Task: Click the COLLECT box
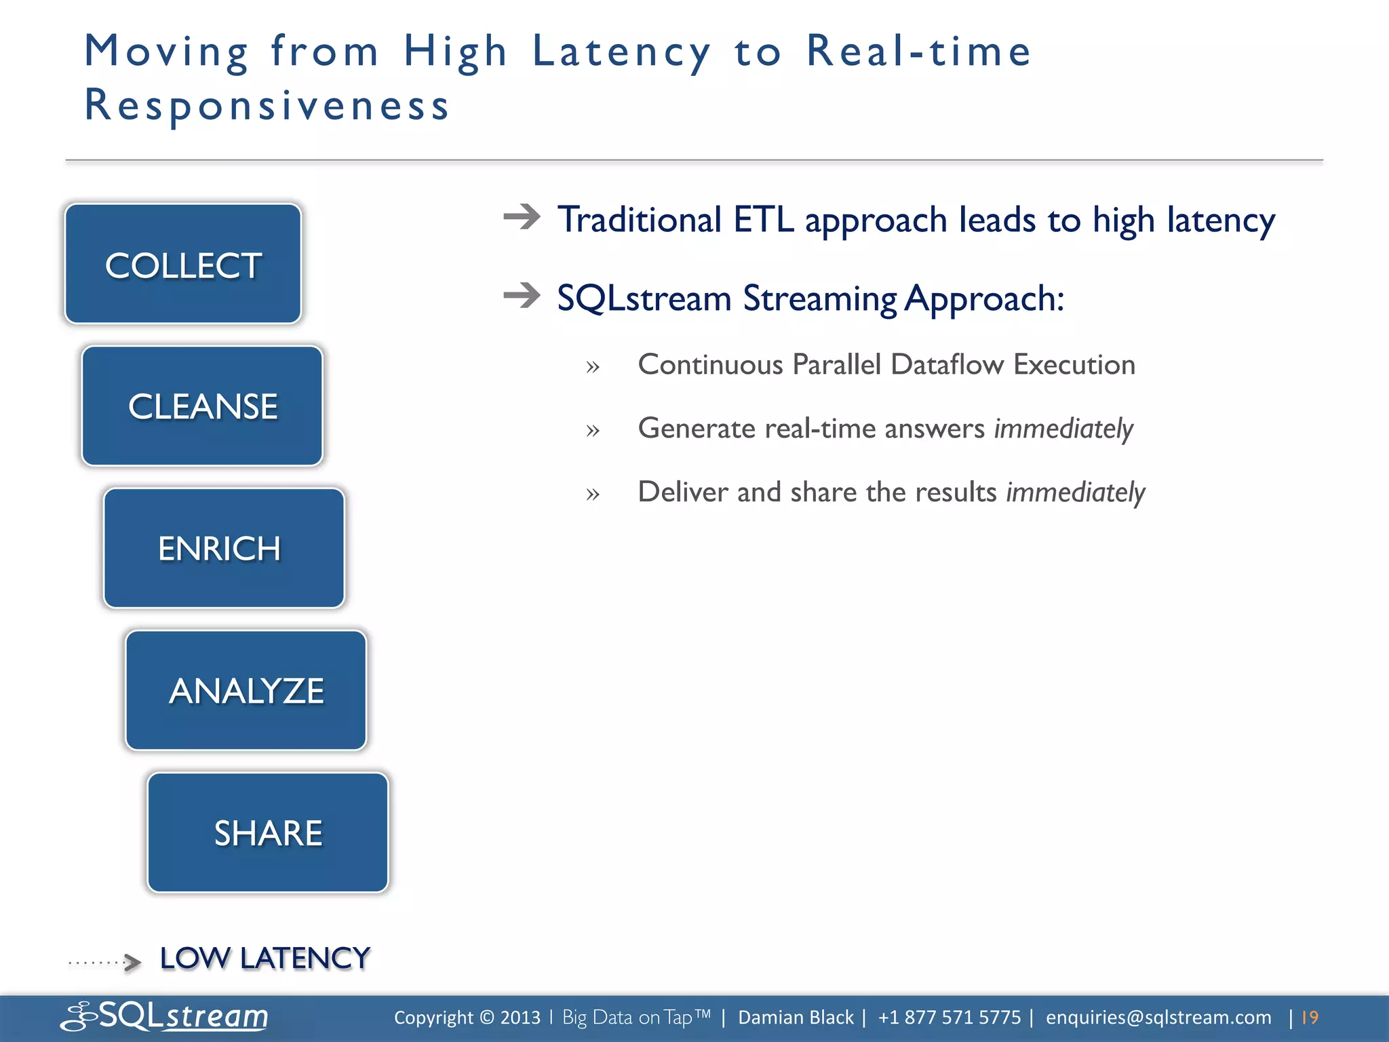183,264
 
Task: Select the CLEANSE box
202,406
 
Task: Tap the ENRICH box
224,548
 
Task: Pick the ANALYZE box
246,691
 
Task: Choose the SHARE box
268,832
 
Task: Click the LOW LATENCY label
265,959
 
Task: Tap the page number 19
1310,1018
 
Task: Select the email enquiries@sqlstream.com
1158,1018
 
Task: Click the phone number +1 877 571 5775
949,1018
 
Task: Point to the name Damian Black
796,1018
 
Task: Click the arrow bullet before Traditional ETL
522,217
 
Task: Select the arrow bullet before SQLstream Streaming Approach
522,295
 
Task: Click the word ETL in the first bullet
763,220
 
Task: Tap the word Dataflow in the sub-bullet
947,365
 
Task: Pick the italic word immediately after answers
1063,429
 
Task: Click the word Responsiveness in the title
267,106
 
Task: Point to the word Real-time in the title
918,52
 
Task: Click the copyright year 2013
520,1018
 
